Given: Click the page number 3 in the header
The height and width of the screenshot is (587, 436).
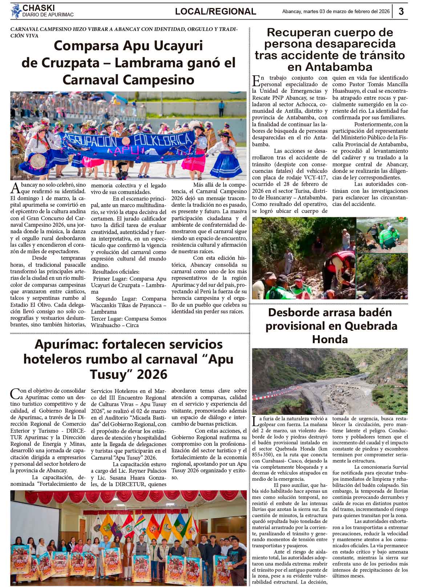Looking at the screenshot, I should pyautogui.click(x=401, y=11).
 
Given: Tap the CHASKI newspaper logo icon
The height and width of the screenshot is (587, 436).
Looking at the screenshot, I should pyautogui.click(x=16, y=11).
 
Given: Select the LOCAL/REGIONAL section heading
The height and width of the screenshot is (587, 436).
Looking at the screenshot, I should pyautogui.click(x=215, y=12).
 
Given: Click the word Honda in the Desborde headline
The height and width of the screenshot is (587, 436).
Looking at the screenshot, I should pyautogui.click(x=330, y=339).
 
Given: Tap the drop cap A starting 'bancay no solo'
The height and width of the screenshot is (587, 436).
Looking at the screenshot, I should pyautogui.click(x=15, y=187).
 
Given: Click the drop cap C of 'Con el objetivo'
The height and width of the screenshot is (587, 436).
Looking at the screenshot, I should pyautogui.click(x=15, y=393).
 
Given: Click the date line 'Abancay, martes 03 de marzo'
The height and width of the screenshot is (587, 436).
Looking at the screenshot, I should pyautogui.click(x=336, y=11).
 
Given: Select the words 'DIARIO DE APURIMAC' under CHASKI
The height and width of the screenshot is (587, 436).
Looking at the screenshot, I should pyautogui.click(x=48, y=15).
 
